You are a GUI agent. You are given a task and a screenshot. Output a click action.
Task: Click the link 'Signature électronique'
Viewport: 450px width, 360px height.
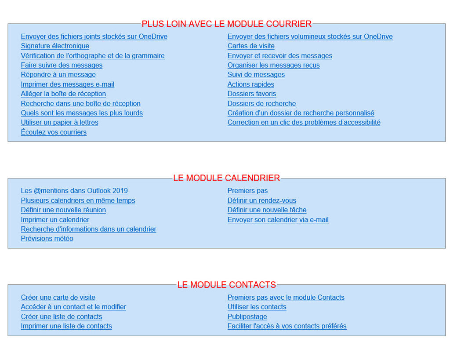pyautogui.click(x=55, y=46)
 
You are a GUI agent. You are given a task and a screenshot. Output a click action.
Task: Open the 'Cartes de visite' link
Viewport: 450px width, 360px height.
pyautogui.click(x=251, y=46)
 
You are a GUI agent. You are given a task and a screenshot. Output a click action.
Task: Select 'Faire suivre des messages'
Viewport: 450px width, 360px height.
pyautogui.click(x=62, y=65)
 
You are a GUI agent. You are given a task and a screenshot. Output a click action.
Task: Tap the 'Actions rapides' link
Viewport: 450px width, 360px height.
pyautogui.click(x=250, y=84)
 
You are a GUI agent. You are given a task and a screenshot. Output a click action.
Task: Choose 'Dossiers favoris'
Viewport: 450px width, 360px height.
pyautogui.click(x=252, y=94)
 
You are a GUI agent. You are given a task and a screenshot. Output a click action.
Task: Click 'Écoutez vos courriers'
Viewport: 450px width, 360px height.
pyautogui.click(x=54, y=132)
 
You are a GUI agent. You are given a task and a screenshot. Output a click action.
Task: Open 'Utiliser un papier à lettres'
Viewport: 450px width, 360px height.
pyautogui.click(x=59, y=123)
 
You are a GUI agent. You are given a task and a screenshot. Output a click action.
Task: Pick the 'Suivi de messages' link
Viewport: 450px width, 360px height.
pyautogui.click(x=256, y=75)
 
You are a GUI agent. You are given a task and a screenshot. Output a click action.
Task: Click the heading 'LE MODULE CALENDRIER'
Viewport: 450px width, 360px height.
pyautogui.click(x=226, y=178)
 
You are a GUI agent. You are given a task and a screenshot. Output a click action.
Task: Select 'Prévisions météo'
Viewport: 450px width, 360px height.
pyautogui.click(x=47, y=239)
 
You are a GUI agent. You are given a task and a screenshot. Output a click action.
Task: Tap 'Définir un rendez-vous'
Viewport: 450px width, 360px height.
pyautogui.click(x=261, y=200)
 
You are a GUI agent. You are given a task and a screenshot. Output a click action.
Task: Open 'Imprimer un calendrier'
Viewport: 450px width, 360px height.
pyautogui.click(x=55, y=220)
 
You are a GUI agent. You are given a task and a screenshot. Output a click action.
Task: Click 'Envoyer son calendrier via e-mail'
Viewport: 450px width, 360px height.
pyautogui.click(x=278, y=220)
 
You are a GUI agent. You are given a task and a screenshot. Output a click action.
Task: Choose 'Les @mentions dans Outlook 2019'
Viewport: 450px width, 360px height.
pyautogui.click(x=74, y=191)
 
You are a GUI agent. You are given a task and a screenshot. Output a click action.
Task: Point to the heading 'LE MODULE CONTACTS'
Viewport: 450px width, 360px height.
pyautogui.click(x=226, y=285)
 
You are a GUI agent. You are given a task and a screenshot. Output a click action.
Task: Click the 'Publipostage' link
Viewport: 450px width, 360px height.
pyautogui.click(x=247, y=317)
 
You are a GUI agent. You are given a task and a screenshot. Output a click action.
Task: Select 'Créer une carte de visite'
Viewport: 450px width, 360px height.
pyautogui.click(x=58, y=298)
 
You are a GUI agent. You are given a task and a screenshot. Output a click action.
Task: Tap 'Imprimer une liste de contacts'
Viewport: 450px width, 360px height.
pyautogui.click(x=66, y=326)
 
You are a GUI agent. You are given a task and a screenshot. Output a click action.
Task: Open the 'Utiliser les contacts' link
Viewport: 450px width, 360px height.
pyautogui.click(x=257, y=307)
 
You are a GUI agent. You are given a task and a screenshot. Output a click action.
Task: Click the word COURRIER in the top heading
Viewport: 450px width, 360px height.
pyautogui.click(x=289, y=24)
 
